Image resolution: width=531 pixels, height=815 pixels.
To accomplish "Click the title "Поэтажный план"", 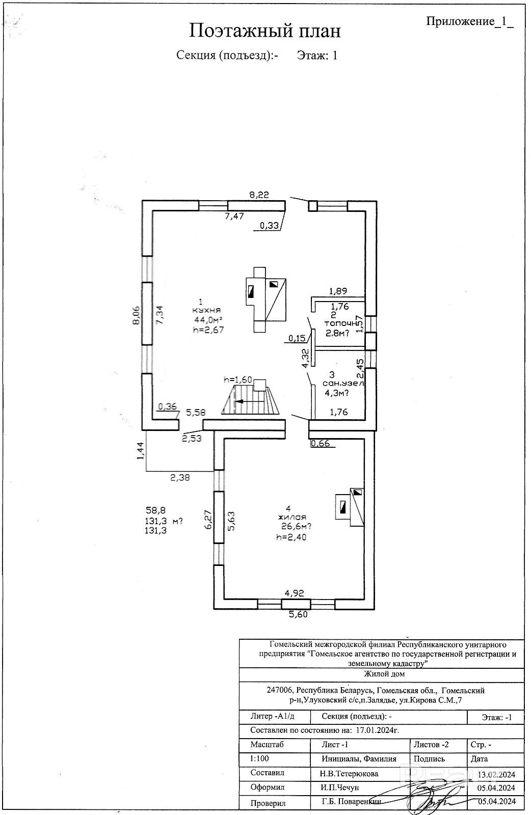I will point(265,31).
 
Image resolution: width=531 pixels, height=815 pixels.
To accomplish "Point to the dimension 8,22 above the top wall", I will point(259,194).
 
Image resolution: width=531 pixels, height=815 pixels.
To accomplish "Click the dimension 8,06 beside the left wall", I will point(136,316).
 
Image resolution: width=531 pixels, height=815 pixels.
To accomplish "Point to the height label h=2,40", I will point(291,537).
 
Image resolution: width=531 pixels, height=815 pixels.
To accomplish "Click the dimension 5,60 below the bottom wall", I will point(299,615).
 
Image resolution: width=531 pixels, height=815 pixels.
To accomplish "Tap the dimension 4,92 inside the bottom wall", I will point(295,593).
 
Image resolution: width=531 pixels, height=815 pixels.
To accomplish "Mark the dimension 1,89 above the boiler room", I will point(338,291).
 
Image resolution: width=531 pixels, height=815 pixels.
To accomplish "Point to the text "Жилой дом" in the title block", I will point(385,674).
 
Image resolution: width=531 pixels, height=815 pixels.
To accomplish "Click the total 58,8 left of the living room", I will point(155,509).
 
